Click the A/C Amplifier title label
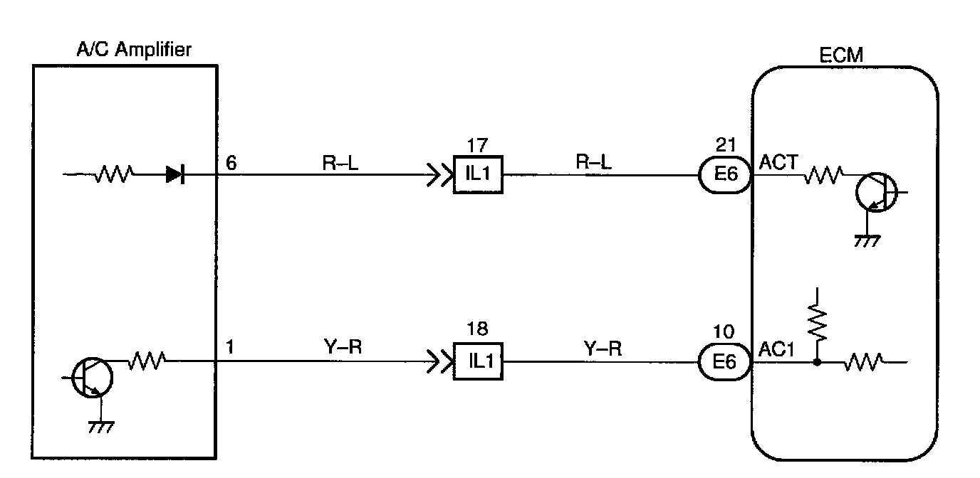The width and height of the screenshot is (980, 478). click(133, 49)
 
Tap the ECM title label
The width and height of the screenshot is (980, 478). click(842, 56)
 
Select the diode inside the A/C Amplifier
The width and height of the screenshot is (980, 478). click(174, 174)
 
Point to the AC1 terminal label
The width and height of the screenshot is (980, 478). click(773, 351)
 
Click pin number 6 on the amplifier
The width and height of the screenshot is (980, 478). click(231, 162)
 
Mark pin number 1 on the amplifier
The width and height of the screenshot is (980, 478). click(229, 349)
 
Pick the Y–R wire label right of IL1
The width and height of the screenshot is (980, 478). click(603, 349)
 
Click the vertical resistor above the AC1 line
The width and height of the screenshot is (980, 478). click(818, 324)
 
